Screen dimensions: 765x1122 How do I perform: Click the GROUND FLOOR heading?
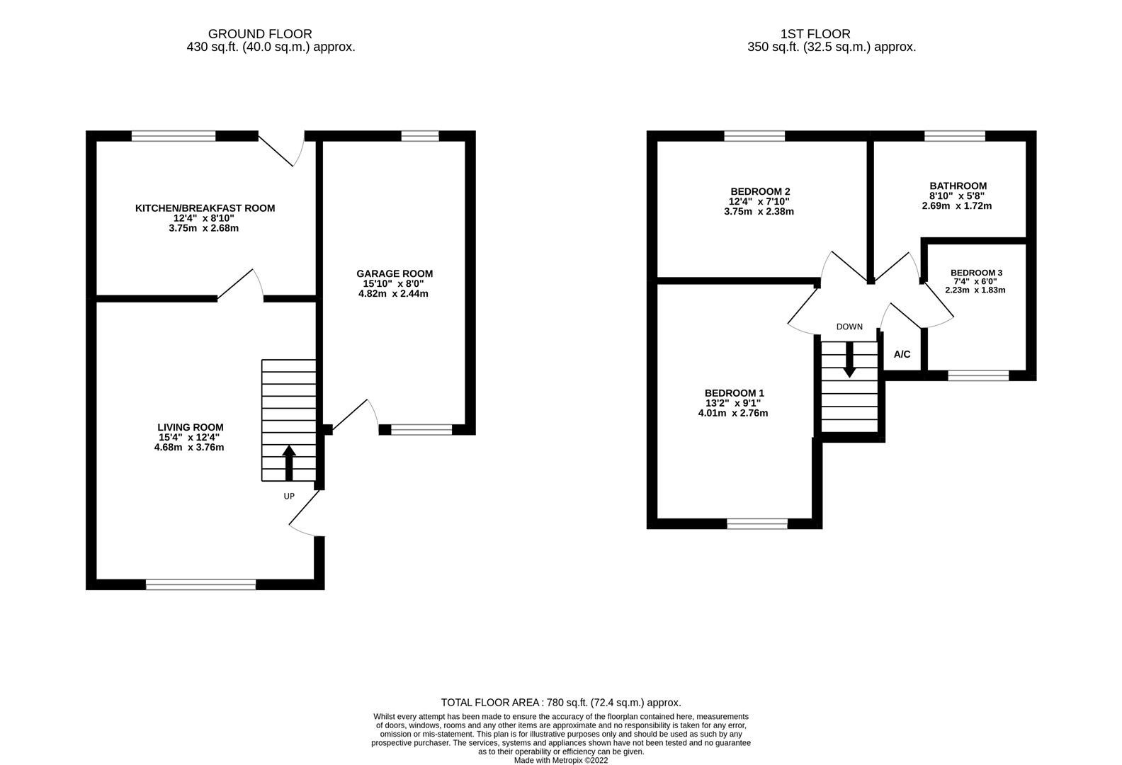[259, 34]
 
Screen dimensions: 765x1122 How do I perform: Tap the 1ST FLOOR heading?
[815, 34]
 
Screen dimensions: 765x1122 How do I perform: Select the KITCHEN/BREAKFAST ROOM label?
[205, 208]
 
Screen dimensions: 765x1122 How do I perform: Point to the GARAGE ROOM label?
[394, 273]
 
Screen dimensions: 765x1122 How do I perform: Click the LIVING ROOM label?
[190, 427]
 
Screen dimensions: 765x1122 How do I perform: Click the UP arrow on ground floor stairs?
[289, 463]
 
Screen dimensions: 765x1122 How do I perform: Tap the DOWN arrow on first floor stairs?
[849, 360]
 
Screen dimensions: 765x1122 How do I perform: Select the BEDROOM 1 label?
[734, 393]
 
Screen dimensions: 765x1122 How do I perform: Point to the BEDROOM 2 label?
[760, 191]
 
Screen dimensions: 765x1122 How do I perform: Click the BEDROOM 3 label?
[976, 273]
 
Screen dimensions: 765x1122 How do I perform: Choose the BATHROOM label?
[958, 186]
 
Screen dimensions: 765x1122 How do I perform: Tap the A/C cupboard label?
[902, 354]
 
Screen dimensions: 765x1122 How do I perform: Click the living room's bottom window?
[200, 584]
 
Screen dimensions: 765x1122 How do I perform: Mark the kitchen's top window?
[174, 136]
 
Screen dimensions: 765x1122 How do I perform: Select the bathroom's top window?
[954, 136]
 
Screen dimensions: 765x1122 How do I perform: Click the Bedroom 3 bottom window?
[978, 375]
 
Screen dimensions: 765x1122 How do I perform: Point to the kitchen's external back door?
[280, 149]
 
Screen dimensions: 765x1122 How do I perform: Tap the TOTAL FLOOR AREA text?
[560, 703]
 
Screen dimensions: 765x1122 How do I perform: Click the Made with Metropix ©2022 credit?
[560, 760]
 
